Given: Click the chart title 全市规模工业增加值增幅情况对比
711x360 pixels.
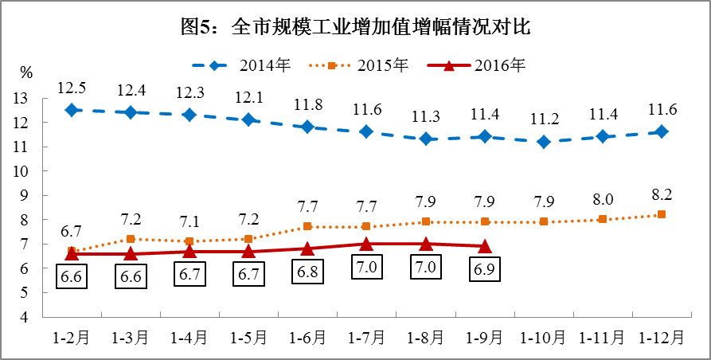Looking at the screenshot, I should [355, 28].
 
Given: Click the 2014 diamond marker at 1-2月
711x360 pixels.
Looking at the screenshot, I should [72, 110].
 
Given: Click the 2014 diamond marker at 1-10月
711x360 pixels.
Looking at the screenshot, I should [544, 142].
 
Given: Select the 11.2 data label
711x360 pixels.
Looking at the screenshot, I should [544, 119].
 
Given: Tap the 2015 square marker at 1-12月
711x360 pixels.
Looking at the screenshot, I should [662, 214].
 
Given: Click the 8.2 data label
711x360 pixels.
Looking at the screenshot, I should [662, 193].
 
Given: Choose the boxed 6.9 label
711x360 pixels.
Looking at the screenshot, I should [484, 269].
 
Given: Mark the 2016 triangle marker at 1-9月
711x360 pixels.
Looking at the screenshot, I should [484, 247].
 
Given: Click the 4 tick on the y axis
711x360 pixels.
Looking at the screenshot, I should [24, 317].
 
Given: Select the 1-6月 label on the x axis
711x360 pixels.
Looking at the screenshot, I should [307, 338].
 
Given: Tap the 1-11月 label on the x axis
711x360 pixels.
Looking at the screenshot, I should [603, 338].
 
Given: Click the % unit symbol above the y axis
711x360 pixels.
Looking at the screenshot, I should [26, 73].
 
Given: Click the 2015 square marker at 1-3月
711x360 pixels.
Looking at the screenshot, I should [131, 239].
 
